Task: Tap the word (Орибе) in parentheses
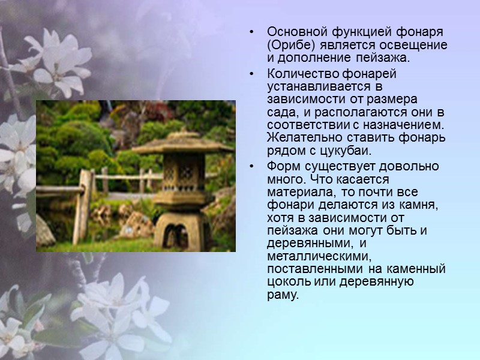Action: pyautogui.click(x=289, y=45)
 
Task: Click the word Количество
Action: pyautogui.click(x=297, y=73)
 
